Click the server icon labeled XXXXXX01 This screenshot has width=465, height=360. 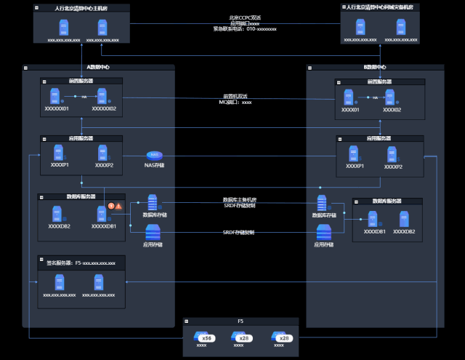tap(56, 96)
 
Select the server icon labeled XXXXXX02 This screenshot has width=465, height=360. tap(102, 96)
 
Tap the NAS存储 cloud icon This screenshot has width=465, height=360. tap(154, 155)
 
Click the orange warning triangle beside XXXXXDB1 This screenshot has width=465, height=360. tap(118, 207)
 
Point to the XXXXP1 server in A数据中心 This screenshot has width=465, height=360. tap(58, 152)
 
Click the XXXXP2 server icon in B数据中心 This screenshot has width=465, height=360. tap(392, 154)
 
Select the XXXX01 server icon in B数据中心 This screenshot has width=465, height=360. tap(349, 97)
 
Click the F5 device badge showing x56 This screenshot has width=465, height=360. tap(206, 337)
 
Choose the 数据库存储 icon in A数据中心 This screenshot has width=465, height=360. tap(153, 202)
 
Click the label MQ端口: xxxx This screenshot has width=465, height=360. tap(235, 103)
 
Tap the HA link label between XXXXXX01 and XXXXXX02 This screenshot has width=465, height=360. tap(84, 97)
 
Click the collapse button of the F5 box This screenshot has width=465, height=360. tap(187, 321)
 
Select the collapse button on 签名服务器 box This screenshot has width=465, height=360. tap(41, 259)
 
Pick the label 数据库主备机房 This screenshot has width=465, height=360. tap(239, 199)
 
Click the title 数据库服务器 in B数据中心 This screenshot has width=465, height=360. tap(387, 201)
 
